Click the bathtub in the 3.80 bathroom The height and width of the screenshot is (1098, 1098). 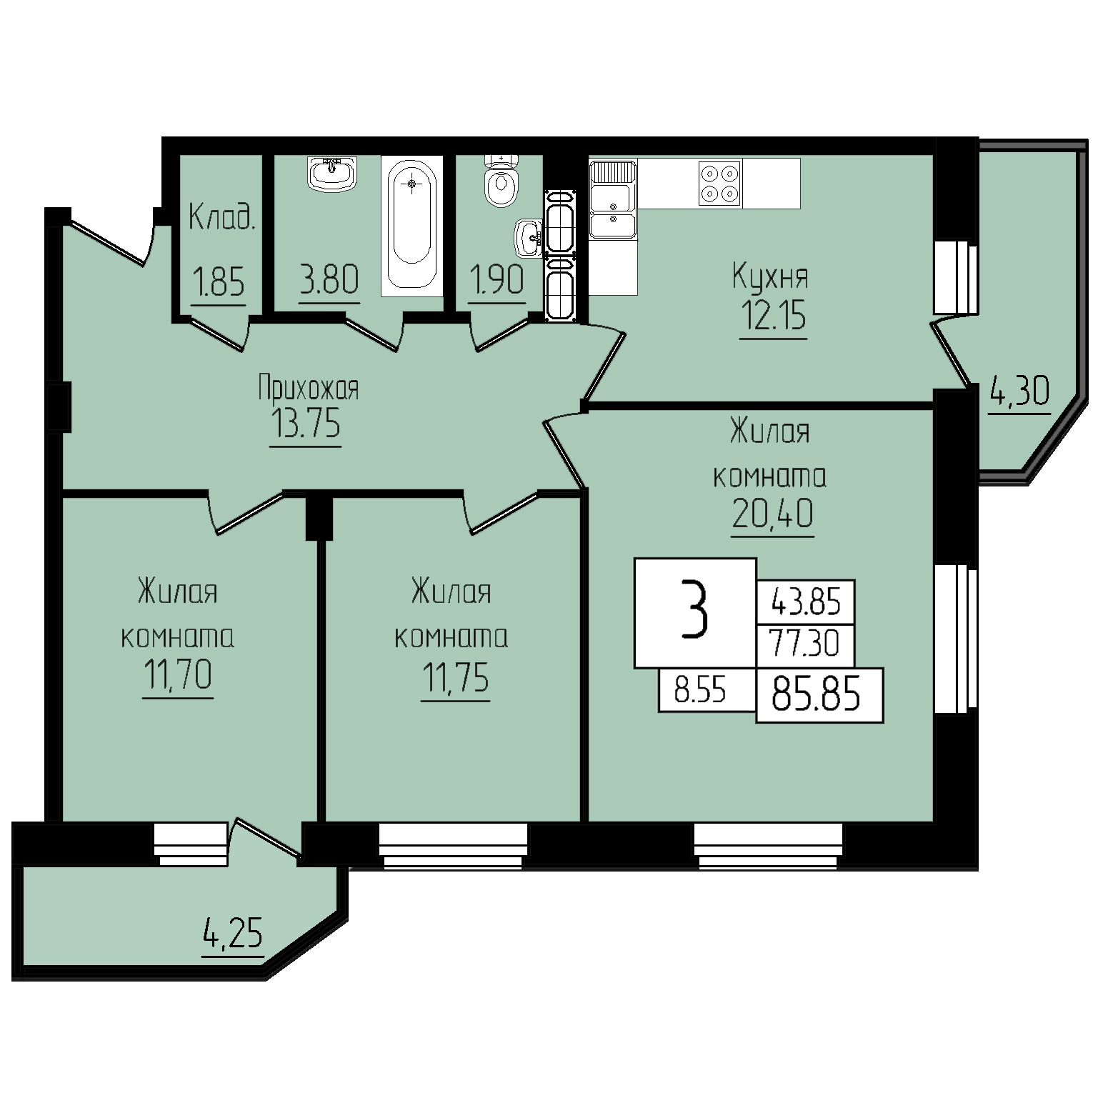(411, 225)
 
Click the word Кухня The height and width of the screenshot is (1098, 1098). (770, 277)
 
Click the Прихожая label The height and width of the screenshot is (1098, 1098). (308, 389)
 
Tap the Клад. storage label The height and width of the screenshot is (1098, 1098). (221, 216)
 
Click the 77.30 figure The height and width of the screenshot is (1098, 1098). (804, 644)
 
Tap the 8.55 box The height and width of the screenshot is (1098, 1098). (700, 692)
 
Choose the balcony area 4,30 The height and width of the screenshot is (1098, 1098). (1019, 391)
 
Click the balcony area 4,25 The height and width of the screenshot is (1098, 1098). (233, 934)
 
